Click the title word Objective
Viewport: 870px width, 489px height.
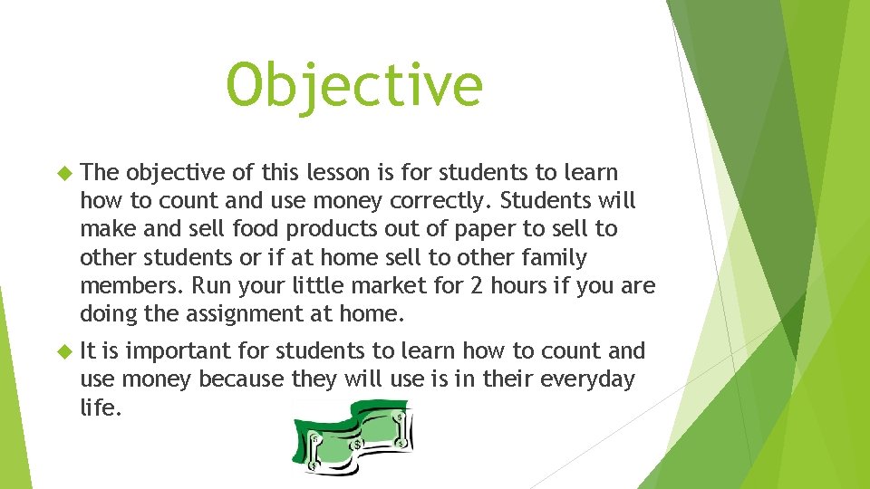tap(354, 86)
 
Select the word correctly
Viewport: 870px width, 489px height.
tap(440, 199)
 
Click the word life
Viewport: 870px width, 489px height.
tap(100, 407)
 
